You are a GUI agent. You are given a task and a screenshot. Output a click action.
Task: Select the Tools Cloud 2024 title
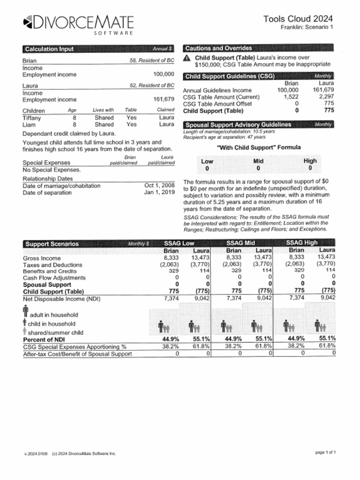coord(298,19)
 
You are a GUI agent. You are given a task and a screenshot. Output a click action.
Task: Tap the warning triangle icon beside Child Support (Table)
coord(187,58)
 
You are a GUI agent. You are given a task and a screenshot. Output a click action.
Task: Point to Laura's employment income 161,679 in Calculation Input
coord(164,99)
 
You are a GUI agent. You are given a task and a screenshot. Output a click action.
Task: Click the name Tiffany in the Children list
coord(32,118)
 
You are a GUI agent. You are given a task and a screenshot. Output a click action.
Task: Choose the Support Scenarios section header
coord(52,244)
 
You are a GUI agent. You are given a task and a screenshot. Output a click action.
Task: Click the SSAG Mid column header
coord(240,243)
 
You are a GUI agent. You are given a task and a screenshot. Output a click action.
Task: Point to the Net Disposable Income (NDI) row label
coord(61,299)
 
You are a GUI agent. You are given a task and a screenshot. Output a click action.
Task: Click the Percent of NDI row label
coord(44,339)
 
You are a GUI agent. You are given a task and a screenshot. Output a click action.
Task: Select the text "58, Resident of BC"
coord(152,61)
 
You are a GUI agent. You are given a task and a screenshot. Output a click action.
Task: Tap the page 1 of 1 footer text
coord(325,452)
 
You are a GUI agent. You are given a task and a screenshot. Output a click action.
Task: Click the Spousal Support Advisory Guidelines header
coord(239,125)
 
